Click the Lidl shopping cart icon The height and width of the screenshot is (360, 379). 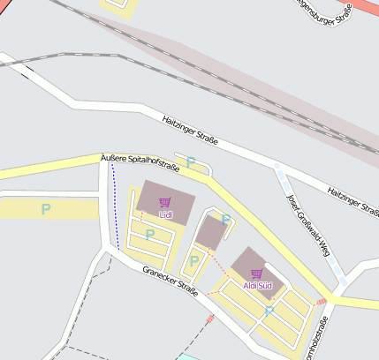(165, 203)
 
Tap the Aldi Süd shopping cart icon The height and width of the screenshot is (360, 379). (257, 274)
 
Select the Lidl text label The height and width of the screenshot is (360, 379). (165, 214)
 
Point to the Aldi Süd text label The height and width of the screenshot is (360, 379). (258, 286)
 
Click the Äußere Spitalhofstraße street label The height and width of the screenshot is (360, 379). (140, 161)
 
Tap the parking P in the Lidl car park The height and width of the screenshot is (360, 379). (150, 234)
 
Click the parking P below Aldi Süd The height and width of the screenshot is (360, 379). (269, 311)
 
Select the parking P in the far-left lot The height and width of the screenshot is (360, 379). (46, 209)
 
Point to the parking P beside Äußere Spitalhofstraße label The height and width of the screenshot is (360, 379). (190, 162)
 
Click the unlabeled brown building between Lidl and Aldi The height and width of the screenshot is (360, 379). (211, 233)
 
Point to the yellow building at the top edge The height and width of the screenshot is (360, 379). (119, 7)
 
